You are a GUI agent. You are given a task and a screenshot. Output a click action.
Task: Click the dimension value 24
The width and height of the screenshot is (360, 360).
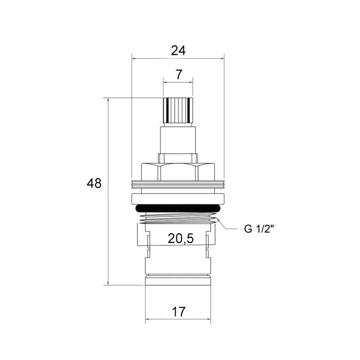[x=178, y=50]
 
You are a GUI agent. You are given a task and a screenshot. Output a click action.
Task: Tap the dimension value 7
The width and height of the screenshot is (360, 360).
[x=179, y=74]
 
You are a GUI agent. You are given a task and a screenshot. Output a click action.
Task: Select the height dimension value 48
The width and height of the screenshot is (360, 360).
[x=94, y=184]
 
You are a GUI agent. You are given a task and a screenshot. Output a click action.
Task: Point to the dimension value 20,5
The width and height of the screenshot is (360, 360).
[x=181, y=239]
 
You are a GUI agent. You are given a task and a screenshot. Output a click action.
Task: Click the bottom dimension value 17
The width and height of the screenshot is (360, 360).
[x=178, y=311]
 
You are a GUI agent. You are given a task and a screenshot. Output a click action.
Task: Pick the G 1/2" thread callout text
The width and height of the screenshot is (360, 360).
[x=259, y=229]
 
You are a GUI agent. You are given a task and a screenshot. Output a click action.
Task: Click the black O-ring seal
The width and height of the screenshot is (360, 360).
[x=178, y=208]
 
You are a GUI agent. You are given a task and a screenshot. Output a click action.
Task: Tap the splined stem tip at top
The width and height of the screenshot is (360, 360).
[x=178, y=110]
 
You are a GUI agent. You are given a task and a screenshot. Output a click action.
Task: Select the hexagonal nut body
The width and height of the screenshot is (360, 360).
[x=178, y=172]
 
